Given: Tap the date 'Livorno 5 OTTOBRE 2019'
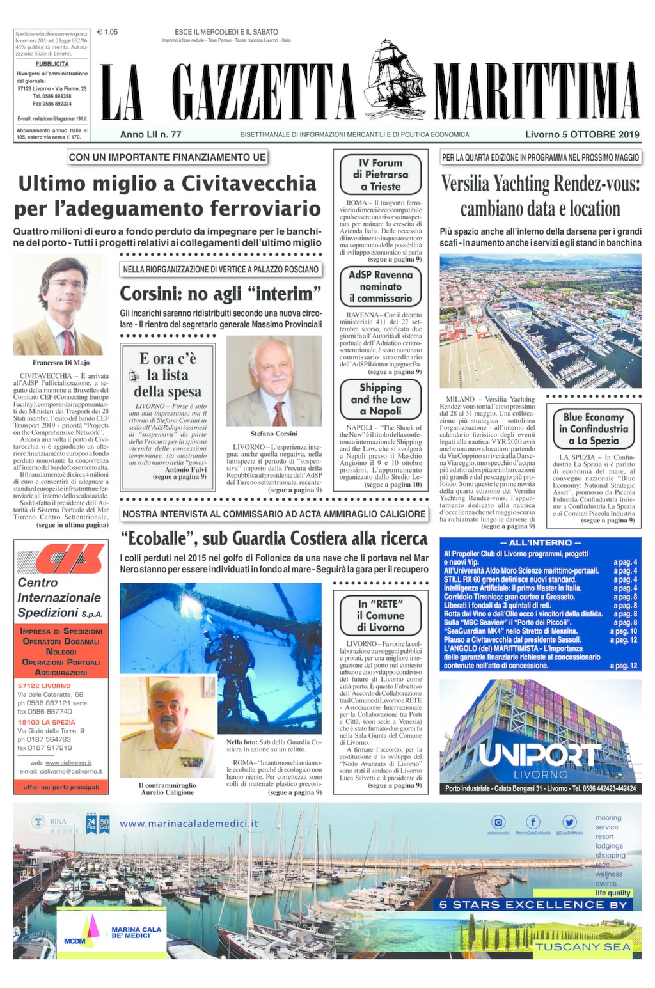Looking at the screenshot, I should point(582,135).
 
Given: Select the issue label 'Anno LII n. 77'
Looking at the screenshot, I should point(151,135).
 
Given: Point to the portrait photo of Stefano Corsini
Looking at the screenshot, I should point(274,381).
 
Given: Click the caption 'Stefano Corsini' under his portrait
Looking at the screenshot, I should point(274,434).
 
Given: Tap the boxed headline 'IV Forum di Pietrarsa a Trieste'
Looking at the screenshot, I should point(381,175).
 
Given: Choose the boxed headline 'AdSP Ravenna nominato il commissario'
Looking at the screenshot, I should point(381,286).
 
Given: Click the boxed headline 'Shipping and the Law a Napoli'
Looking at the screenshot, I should point(381,399).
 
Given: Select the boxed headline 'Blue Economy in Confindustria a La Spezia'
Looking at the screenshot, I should point(594,428).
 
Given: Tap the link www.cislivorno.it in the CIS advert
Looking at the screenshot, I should point(68,763).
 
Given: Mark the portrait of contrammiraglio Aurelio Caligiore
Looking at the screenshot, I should point(168,726).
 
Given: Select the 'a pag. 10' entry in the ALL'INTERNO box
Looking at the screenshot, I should point(624,631).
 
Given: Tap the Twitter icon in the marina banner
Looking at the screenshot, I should point(569,822).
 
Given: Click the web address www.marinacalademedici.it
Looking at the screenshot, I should point(189,824).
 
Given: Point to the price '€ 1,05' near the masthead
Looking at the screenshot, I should point(107,32).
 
